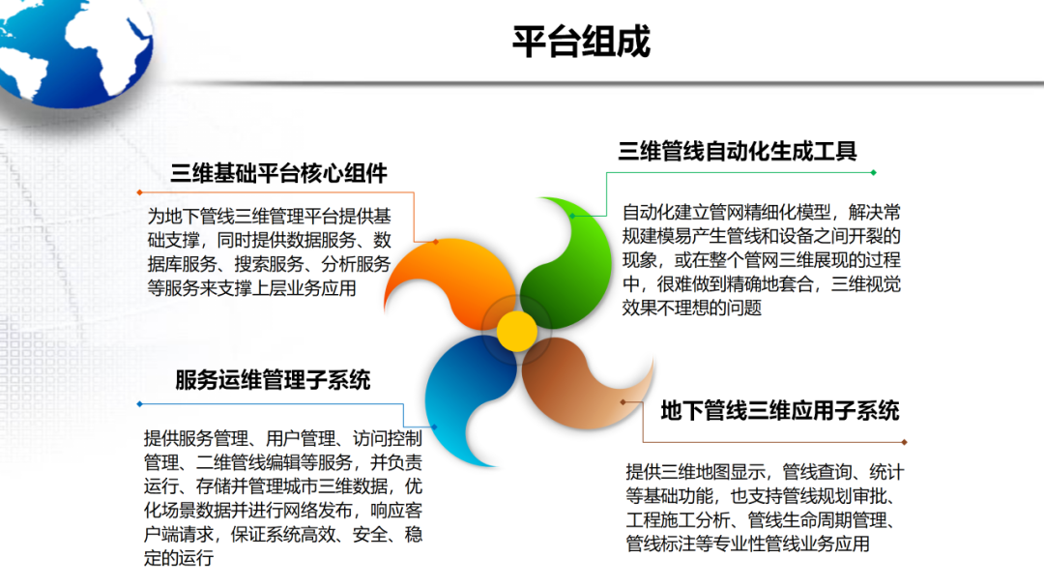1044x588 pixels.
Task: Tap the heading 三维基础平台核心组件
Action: (x=279, y=173)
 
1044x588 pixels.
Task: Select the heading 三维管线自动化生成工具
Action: (x=738, y=151)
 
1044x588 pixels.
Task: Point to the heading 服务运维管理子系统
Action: (x=273, y=380)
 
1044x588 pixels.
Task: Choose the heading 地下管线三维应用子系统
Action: (x=780, y=410)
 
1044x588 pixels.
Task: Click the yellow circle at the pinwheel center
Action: (x=517, y=331)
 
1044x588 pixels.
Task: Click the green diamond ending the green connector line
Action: (x=873, y=172)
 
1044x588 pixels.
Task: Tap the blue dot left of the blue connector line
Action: (x=139, y=403)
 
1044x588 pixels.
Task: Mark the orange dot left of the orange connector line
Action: (x=139, y=191)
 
